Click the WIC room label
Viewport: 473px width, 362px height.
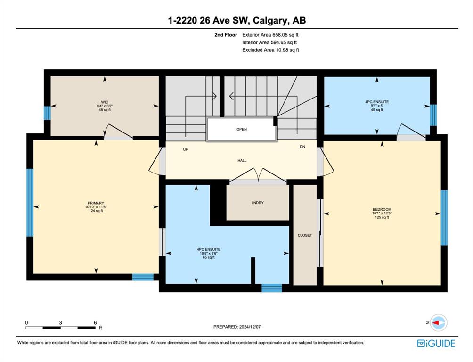coord(105,102)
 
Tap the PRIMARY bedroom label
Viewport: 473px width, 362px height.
coord(96,203)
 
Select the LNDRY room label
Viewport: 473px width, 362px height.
coord(257,203)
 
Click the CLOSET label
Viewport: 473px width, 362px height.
coord(305,235)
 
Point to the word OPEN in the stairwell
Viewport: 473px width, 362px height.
coord(242,129)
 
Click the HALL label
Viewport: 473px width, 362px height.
coord(242,161)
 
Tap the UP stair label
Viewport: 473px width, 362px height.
coord(186,149)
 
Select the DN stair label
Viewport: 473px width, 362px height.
coord(302,147)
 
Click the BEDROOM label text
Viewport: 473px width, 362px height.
coord(382,209)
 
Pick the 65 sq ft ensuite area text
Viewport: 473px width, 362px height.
coord(209,257)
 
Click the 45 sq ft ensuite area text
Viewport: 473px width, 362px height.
coord(377,110)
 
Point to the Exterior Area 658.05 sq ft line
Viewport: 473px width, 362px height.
coord(270,35)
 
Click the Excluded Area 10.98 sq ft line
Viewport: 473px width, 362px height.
coord(270,50)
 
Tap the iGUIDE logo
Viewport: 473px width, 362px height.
coord(436,344)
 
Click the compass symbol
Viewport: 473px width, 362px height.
coord(439,323)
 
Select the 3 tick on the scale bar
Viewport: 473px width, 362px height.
coord(60,323)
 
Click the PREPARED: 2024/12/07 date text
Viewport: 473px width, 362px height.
coord(237,327)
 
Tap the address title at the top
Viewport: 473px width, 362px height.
coord(237,21)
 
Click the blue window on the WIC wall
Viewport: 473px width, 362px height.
coord(47,113)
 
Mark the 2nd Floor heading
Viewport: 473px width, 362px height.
coord(226,35)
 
